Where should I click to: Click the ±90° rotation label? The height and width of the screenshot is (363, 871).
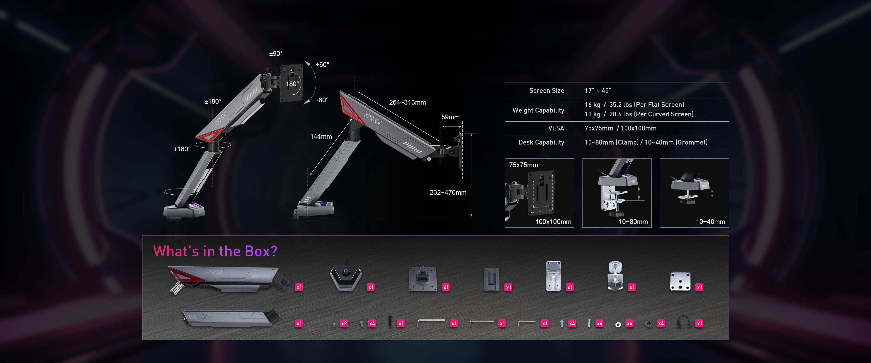click(276, 54)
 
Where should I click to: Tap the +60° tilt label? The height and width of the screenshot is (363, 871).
click(322, 65)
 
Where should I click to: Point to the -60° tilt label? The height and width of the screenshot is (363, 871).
click(322, 100)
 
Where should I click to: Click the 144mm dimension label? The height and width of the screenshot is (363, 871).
click(321, 136)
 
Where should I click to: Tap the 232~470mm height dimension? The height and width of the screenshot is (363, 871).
click(448, 192)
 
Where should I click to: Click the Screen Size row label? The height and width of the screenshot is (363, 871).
click(546, 91)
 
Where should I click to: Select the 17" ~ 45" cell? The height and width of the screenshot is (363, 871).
click(598, 91)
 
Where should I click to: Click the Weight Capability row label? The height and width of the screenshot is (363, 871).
click(538, 110)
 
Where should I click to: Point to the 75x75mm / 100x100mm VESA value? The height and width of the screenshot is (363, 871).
click(620, 128)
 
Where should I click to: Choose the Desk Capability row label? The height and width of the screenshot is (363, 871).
click(541, 142)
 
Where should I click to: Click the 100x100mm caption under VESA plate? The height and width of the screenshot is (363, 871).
click(553, 222)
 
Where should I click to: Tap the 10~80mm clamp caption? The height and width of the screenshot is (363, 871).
click(633, 222)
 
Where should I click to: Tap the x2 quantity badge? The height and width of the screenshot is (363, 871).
click(344, 324)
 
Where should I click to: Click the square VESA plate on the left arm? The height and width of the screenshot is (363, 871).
click(292, 83)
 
